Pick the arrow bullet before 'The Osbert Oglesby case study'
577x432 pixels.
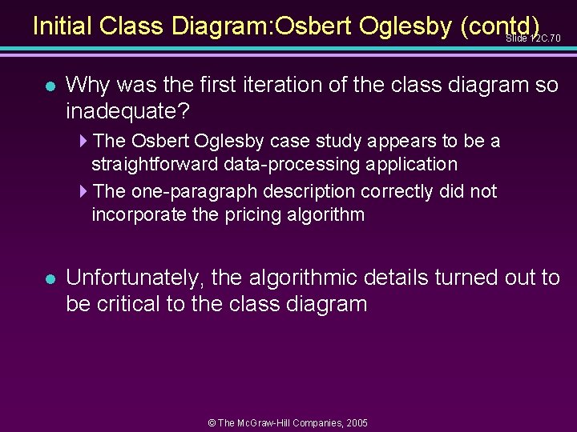tap(85, 142)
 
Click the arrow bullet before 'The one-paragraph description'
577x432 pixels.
tap(85, 192)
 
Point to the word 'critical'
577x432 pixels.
tap(136, 304)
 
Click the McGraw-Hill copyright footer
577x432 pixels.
tap(288, 422)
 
